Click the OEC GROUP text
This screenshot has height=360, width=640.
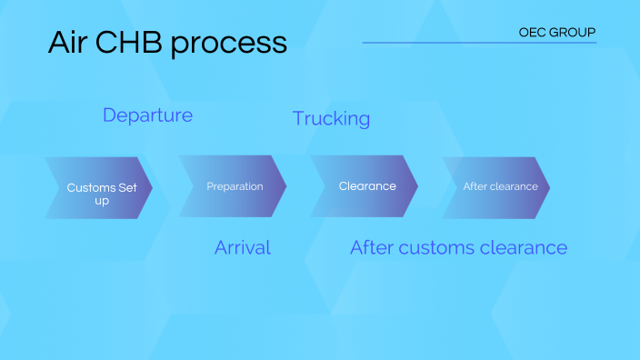556,32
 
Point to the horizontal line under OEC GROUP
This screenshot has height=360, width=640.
479,43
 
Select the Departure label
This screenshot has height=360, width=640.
147,115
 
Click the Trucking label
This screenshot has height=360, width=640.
331,118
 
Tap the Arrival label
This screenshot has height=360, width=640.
243,247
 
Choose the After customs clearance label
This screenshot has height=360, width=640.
458,247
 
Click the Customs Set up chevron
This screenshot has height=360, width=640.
98,188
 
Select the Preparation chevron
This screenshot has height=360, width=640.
234,186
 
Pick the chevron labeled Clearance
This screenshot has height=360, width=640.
366,186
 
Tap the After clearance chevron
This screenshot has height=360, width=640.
498,186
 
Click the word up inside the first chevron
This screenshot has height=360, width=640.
102,200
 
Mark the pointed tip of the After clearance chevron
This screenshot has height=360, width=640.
548,187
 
